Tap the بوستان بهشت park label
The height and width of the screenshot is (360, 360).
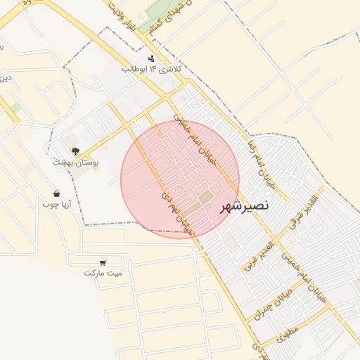click(75, 162)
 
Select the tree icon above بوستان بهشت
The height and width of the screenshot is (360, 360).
click(75, 150)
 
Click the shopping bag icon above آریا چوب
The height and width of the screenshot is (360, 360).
click(56, 194)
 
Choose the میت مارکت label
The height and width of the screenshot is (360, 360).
click(103, 272)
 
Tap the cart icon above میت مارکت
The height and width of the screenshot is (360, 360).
click(103, 262)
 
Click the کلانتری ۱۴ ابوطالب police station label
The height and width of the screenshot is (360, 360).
click(152, 69)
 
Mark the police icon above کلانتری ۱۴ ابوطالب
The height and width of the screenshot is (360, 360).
click(151, 58)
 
